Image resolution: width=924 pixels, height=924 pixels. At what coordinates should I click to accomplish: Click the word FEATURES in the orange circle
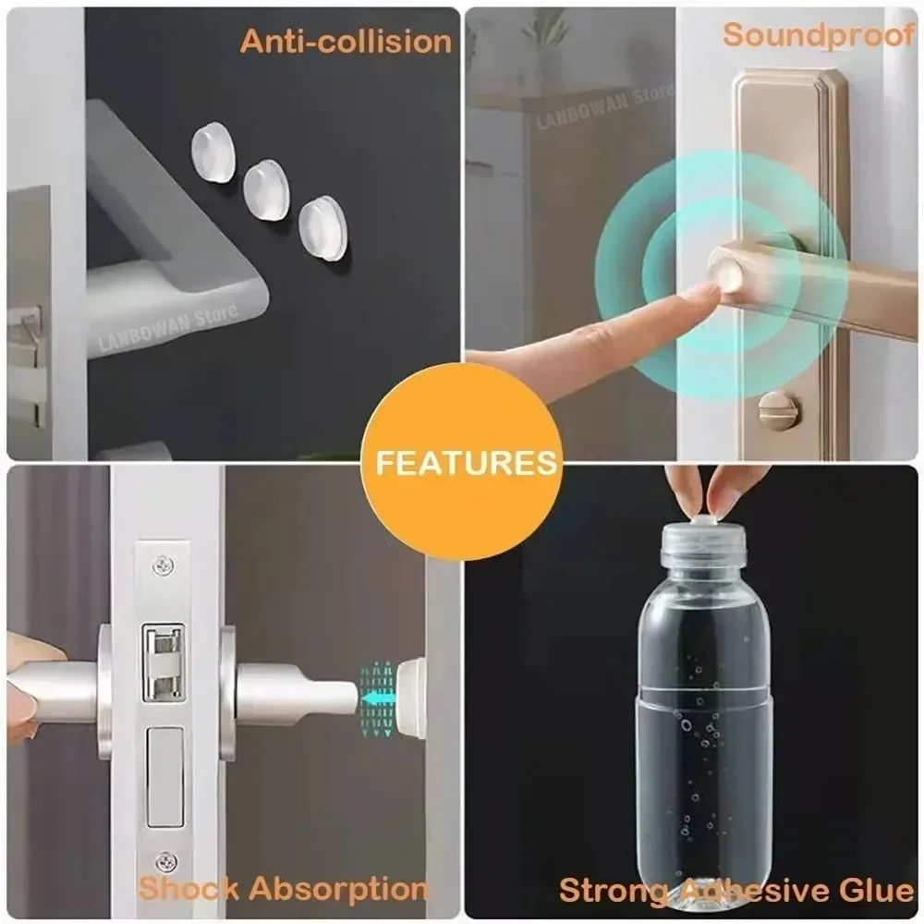point(466,463)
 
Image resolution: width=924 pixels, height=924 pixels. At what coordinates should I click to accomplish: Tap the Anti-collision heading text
point(346,42)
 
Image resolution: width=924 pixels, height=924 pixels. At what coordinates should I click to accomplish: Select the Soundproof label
point(819,35)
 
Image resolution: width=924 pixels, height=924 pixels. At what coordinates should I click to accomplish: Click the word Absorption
point(339,889)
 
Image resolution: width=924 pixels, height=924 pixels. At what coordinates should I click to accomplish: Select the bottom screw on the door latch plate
point(166,862)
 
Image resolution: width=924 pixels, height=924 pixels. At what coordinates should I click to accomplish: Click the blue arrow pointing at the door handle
point(376,699)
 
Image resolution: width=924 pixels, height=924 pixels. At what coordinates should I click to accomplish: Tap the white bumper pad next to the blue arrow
point(411,699)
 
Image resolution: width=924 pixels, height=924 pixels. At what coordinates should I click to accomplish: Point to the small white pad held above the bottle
point(703,518)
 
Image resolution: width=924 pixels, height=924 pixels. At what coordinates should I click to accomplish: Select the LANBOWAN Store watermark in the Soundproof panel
point(604,106)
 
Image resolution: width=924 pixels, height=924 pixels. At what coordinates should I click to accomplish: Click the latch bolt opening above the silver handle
point(163,663)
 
